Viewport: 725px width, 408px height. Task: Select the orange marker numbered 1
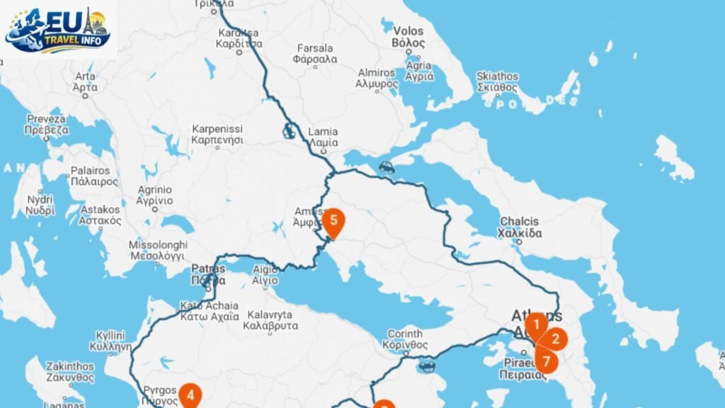(536, 325)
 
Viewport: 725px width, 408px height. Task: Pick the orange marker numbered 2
(555, 339)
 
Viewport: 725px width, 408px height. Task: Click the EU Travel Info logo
(58, 29)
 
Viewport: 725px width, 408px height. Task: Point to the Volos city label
(409, 37)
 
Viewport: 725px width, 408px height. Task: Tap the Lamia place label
(323, 137)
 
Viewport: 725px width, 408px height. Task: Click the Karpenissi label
(217, 134)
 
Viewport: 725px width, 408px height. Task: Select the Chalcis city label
(520, 227)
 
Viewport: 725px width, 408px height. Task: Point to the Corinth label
(405, 339)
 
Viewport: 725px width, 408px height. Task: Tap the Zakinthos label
(69, 372)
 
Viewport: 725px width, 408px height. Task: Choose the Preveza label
(47, 124)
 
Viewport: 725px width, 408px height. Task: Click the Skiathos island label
(497, 81)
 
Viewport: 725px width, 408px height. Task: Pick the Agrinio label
(155, 195)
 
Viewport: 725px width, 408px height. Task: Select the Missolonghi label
(156, 250)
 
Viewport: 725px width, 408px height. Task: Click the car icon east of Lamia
(387, 167)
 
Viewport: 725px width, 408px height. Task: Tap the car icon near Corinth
(426, 365)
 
